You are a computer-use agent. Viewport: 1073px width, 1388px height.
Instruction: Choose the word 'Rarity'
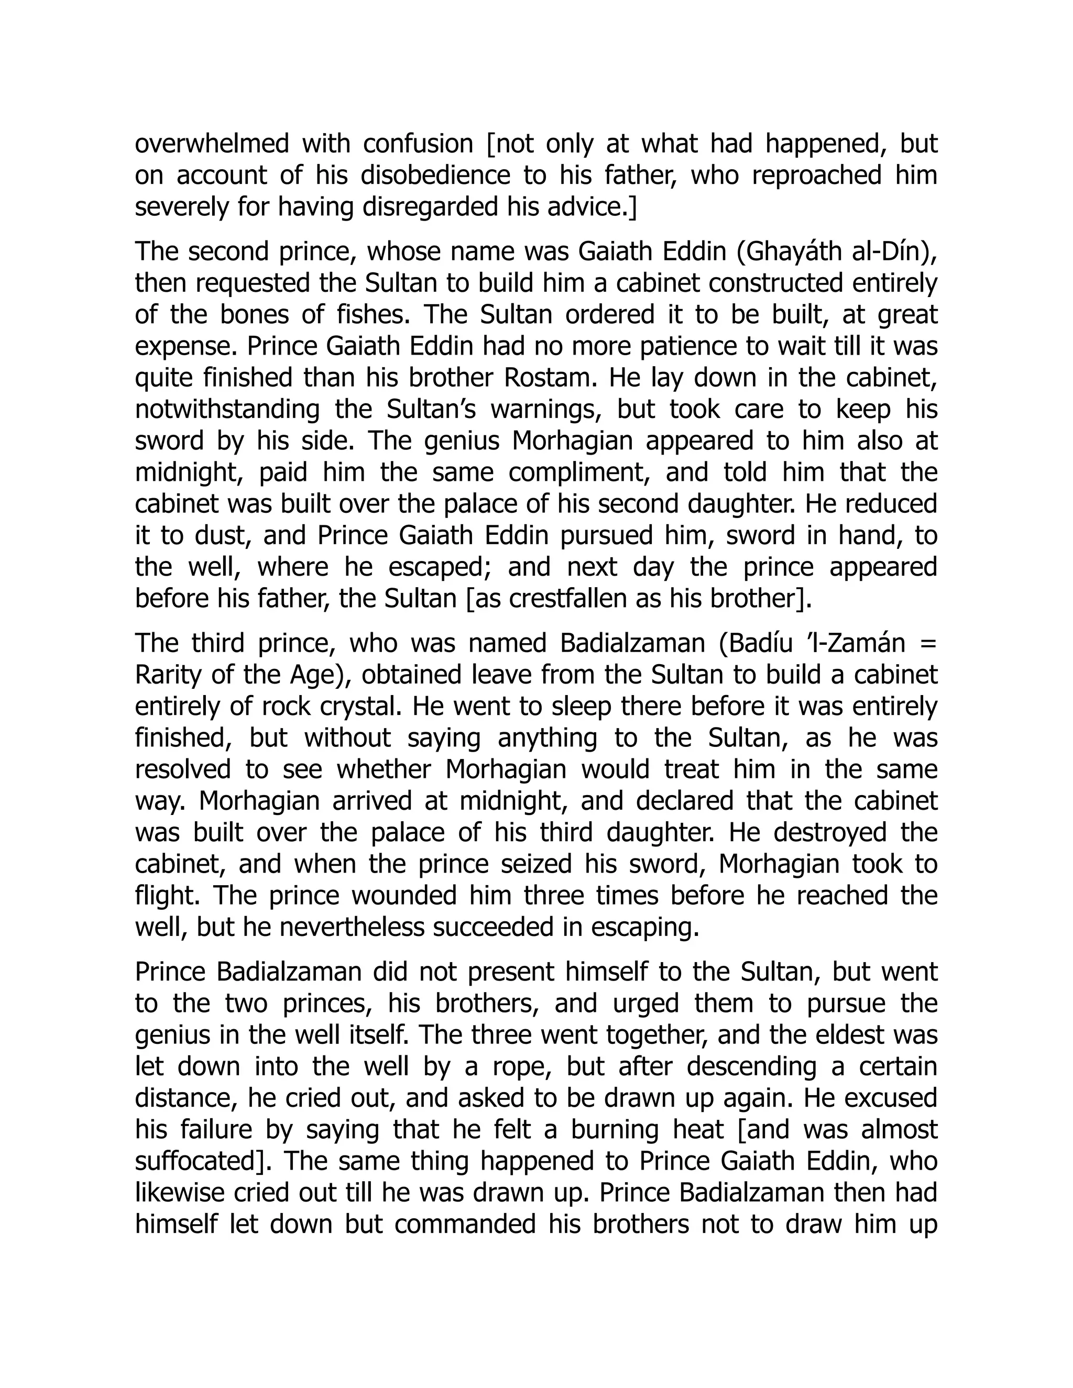168,675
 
